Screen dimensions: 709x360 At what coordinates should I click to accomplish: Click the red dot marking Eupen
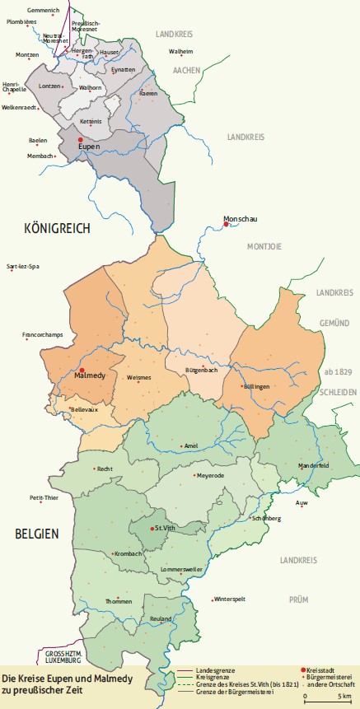(80, 140)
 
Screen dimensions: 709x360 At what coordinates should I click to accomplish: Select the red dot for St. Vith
(152, 527)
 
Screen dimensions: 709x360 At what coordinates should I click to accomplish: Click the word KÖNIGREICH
(57, 227)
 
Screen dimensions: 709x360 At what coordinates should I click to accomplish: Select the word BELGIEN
(37, 534)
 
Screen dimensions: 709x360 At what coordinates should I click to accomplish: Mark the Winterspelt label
(231, 599)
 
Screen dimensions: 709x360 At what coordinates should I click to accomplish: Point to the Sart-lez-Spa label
(23, 268)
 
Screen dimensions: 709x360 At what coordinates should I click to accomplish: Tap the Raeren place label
(148, 94)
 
